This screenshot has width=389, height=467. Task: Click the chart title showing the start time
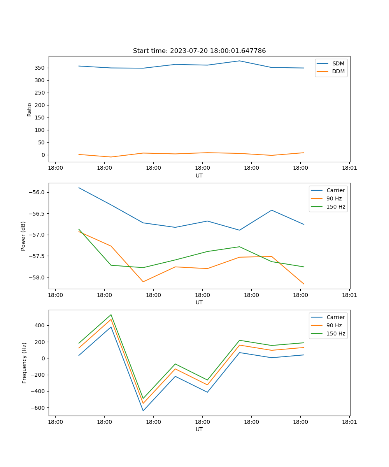point(199,51)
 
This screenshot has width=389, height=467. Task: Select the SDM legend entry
point(338,63)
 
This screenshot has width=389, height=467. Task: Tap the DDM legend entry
point(338,71)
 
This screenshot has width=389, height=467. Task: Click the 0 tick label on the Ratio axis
point(43,155)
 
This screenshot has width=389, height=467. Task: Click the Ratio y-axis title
point(30,109)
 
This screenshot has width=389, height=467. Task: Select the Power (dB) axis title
point(23,236)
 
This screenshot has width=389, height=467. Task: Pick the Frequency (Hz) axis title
point(25,363)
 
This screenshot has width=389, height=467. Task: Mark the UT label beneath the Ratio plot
point(199,176)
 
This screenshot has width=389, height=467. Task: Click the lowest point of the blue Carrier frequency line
point(143,411)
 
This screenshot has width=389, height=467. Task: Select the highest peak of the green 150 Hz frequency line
point(111,314)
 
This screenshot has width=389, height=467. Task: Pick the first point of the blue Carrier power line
point(79,188)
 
